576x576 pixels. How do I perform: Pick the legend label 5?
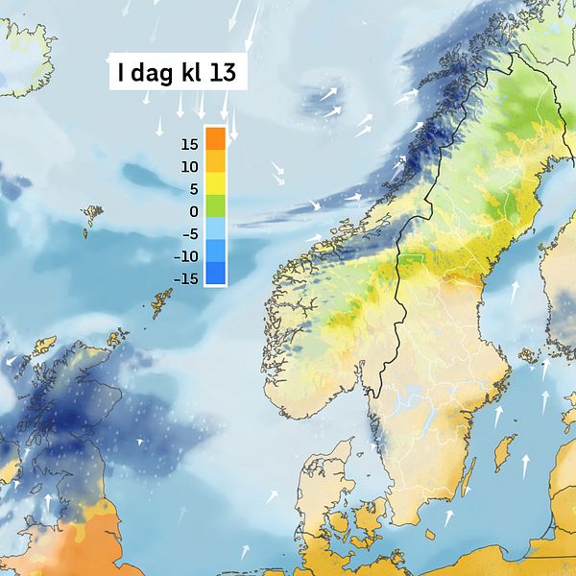(193, 188)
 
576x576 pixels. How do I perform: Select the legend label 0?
(193, 211)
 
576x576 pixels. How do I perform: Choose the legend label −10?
(184, 256)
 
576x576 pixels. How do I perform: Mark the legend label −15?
(184, 278)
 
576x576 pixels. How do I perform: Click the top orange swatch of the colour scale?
(216, 137)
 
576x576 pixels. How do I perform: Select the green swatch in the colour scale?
(216, 205)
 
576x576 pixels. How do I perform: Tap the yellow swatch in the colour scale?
(216, 182)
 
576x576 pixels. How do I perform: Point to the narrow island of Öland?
(468, 475)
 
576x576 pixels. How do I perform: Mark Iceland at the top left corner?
(24, 53)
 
